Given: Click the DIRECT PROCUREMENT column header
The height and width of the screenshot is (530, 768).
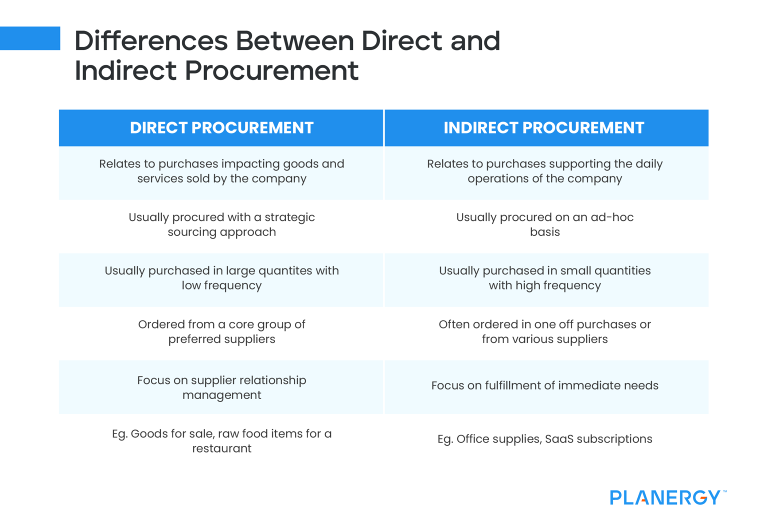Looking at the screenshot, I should (221, 128).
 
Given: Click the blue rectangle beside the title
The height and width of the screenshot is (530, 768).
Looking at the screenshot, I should (30, 38).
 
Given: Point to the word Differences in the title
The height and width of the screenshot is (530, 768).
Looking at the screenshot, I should (151, 41).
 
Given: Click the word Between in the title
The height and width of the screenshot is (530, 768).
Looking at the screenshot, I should (294, 41).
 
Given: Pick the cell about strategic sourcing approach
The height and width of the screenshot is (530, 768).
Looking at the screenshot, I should (221, 224).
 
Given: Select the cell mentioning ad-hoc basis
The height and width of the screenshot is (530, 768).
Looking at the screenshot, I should (544, 224).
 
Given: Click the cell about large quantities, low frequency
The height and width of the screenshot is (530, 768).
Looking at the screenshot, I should (221, 278).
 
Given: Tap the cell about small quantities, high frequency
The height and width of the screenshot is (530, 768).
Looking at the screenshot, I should (544, 278).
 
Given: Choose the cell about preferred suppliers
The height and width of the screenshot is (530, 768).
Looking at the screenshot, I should (221, 331).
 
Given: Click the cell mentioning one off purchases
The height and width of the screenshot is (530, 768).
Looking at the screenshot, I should (544, 331).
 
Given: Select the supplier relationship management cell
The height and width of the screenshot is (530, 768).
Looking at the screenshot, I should (221, 387).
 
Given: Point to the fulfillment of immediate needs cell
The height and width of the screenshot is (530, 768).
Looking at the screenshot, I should (544, 385).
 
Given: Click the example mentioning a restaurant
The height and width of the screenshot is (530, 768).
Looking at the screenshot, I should (221, 441).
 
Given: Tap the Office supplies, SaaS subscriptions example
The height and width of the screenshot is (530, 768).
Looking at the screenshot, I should (544, 439).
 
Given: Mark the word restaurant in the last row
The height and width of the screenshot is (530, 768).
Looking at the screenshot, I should (221, 448).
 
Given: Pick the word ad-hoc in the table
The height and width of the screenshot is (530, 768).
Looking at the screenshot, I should (612, 217).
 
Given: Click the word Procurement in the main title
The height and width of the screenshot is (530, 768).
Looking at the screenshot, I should (271, 70).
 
